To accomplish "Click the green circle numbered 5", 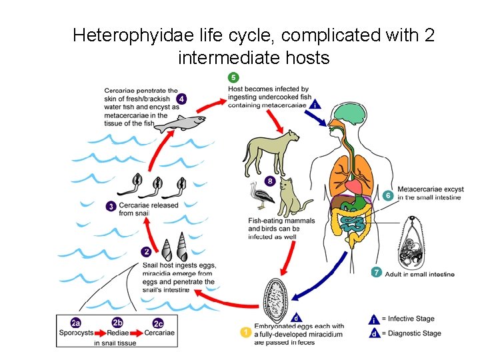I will click(x=233, y=77).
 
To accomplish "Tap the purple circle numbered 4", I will click(x=181, y=99).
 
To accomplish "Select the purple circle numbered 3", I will click(x=111, y=206).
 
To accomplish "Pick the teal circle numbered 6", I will click(x=388, y=195).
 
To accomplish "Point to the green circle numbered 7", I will click(x=376, y=272).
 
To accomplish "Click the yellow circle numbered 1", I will click(x=246, y=331).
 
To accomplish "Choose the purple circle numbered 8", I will click(x=269, y=180).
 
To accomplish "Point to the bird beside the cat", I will click(x=262, y=199).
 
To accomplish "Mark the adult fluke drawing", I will click(x=415, y=246).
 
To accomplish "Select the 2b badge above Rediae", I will click(x=117, y=323).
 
